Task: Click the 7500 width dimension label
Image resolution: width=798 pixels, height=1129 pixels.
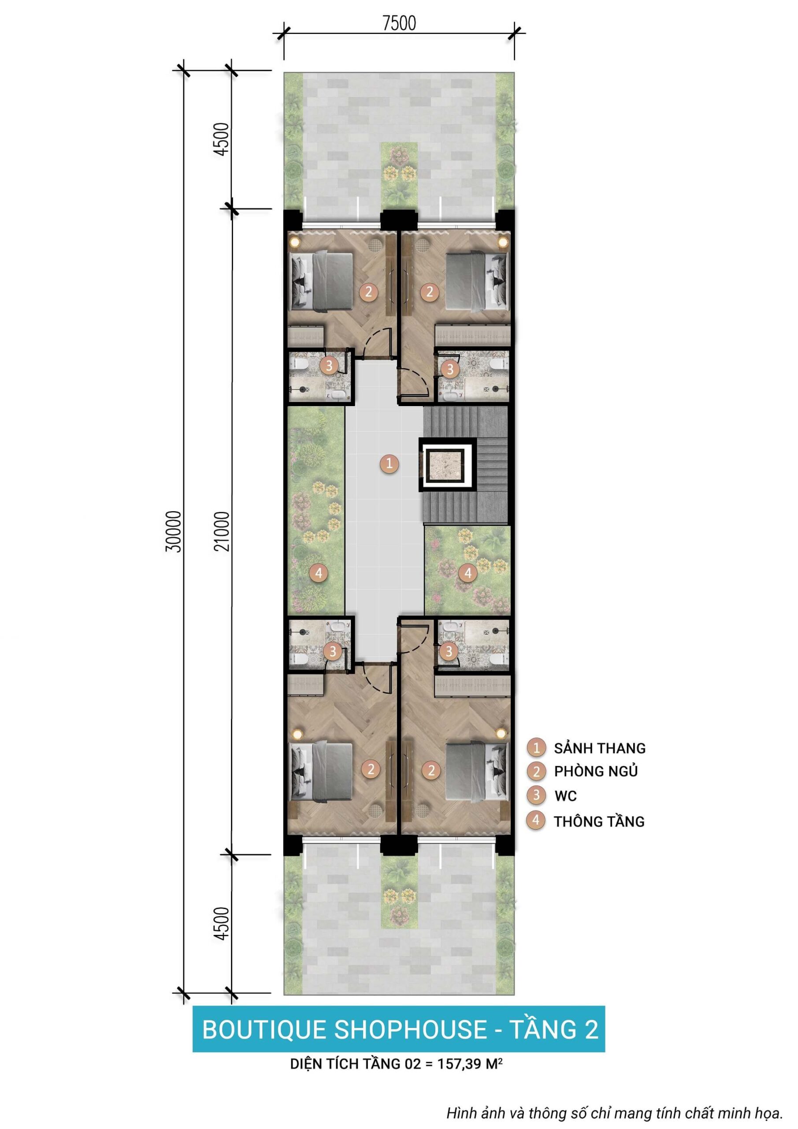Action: coord(399,23)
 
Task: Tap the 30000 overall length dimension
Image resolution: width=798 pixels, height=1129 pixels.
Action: coord(174,531)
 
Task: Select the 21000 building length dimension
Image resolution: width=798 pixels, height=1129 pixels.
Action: coord(222,531)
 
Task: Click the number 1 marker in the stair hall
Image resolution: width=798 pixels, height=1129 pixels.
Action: coord(389,463)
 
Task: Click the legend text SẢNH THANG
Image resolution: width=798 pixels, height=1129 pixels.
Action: coord(599,748)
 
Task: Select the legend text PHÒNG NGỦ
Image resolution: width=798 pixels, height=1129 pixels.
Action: coord(596,771)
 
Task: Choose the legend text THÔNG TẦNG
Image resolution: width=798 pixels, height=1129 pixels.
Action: coord(599,821)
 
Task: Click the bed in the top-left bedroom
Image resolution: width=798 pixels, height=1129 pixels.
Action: coord(322,282)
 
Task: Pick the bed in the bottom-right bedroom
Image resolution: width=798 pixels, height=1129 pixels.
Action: coord(477,770)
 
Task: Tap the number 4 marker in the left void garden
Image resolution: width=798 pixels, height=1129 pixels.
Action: coord(319,573)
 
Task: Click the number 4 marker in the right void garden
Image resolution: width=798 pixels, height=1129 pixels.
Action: coord(468,573)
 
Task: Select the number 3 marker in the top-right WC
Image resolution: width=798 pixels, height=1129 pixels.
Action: coord(449,369)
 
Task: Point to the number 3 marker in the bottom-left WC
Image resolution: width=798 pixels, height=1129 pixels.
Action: coord(333,651)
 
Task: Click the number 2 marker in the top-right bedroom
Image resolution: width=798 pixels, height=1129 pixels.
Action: coord(430,292)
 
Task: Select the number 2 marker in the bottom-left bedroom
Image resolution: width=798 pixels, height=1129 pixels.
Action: coord(371,769)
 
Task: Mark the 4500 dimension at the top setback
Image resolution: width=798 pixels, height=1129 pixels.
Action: coord(222,140)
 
